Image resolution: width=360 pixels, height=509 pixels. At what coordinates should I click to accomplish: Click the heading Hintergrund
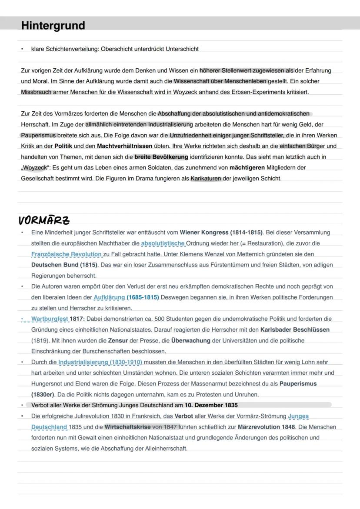(x=53, y=26)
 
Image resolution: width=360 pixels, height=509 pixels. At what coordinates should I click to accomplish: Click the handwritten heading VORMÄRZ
(x=44, y=220)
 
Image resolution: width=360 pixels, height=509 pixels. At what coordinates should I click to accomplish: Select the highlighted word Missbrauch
(x=36, y=92)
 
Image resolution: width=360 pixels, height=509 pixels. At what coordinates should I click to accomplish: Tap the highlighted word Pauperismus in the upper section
(x=39, y=135)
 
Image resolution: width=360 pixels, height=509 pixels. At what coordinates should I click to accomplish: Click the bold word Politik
(x=63, y=146)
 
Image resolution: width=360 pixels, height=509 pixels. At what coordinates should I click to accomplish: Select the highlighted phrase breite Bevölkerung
(x=161, y=156)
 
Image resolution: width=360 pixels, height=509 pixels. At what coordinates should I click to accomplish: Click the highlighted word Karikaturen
(x=206, y=178)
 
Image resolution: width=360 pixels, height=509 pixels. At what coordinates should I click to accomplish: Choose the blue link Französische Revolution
(x=67, y=254)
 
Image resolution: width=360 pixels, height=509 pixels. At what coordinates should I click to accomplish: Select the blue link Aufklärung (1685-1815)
(x=126, y=297)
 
